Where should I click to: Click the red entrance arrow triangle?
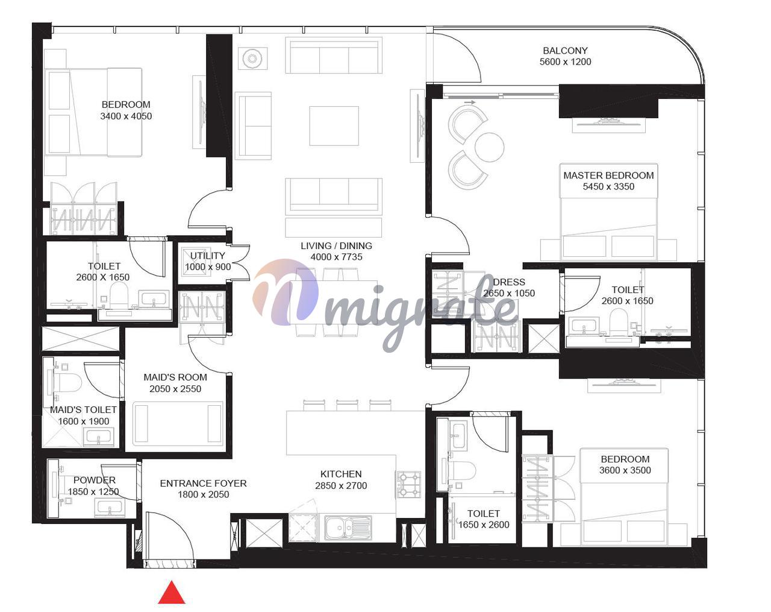click(x=172, y=592)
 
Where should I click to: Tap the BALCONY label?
click(x=565, y=51)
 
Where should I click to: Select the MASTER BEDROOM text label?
click(x=608, y=175)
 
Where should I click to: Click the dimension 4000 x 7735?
click(x=337, y=257)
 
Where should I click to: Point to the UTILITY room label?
click(x=207, y=256)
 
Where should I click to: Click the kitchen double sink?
click(x=348, y=528)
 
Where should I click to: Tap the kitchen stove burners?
click(x=408, y=484)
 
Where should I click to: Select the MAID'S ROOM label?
click(x=175, y=377)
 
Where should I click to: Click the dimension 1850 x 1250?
click(x=93, y=491)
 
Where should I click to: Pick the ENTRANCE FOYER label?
click(x=203, y=484)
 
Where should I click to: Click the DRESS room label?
click(x=509, y=282)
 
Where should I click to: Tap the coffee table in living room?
click(x=334, y=126)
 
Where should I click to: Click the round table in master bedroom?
click(x=489, y=147)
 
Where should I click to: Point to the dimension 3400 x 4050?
click(x=126, y=116)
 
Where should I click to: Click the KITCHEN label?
click(x=341, y=475)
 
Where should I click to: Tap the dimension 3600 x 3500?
click(x=625, y=470)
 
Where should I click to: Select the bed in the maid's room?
click(x=178, y=424)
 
